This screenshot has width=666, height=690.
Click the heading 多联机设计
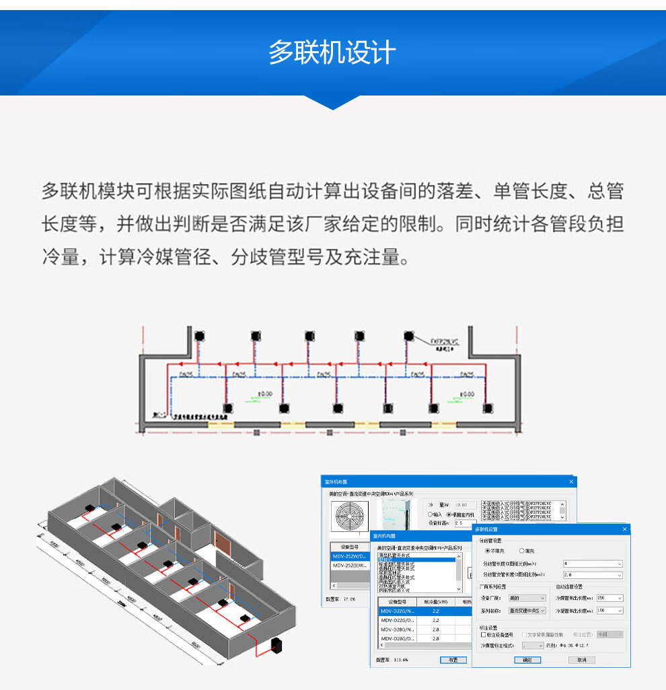tap(332, 52)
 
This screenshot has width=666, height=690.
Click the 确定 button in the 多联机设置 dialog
tap(527, 660)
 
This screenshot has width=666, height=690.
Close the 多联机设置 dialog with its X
tap(624, 529)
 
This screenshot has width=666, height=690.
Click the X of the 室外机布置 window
tap(571, 482)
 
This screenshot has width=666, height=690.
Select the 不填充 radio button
tap(488, 551)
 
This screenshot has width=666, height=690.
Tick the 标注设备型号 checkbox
tap(484, 634)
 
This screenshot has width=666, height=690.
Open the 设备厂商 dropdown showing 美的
tap(527, 598)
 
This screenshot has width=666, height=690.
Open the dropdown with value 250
tap(609, 598)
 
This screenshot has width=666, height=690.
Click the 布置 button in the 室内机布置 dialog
tap(453, 660)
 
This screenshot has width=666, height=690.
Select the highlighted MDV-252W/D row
tap(350, 557)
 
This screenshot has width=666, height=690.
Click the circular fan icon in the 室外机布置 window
tap(350, 517)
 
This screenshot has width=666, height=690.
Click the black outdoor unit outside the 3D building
tap(275, 648)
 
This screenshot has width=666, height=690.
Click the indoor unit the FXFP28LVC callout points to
tap(408, 336)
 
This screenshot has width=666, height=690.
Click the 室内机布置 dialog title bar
tap(417, 536)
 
